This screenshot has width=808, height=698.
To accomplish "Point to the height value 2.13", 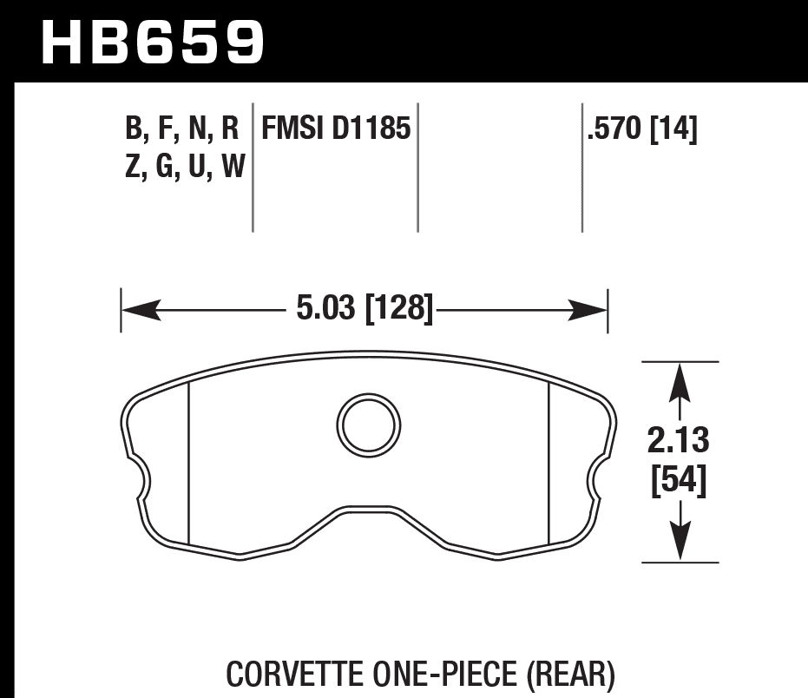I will pos(679,442).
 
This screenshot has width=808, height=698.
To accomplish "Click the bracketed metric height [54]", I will pos(679,480).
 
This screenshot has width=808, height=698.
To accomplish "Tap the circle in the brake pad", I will pos(369,424).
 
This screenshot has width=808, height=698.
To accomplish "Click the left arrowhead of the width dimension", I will pos(139,309).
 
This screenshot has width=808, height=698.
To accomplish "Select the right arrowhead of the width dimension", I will pos(588,309).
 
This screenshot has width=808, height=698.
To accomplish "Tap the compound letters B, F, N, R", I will pos(181,131).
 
